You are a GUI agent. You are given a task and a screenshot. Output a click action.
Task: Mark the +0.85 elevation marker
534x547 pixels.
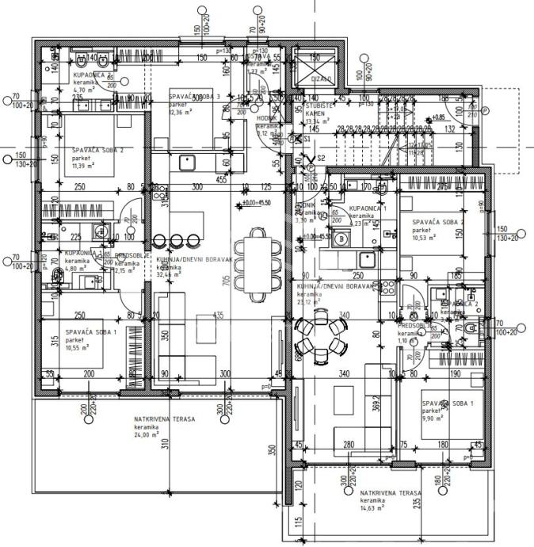tap(438, 117)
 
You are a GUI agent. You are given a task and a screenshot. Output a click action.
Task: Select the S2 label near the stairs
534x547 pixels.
tap(322, 158)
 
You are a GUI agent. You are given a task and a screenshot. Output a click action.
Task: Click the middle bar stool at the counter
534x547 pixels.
tap(176, 240)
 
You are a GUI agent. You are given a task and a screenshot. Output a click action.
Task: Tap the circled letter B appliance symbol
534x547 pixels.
tap(341, 239)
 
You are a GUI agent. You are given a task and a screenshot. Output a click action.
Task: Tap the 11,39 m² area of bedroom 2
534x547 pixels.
tap(83, 166)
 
